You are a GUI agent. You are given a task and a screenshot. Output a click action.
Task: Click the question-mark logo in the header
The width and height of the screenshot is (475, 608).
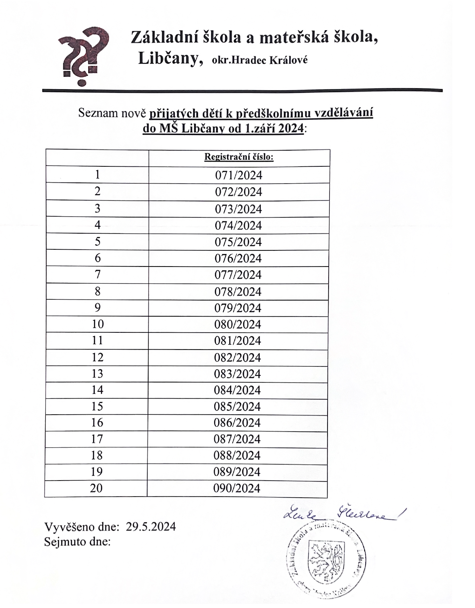click(83, 55)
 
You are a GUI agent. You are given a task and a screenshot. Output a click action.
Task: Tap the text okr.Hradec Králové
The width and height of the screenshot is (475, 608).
click(260, 60)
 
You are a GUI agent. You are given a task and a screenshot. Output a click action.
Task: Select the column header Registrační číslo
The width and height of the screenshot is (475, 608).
click(239, 157)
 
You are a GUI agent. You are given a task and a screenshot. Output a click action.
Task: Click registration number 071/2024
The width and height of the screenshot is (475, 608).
click(239, 175)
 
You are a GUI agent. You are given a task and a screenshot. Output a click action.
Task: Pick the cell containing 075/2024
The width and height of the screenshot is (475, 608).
click(238, 242)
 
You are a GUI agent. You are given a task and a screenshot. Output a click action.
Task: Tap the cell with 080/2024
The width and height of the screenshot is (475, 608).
click(238, 324)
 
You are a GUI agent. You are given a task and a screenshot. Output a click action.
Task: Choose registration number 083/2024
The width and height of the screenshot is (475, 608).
click(238, 374)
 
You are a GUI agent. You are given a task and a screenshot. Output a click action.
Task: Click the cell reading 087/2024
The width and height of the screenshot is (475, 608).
click(237, 439)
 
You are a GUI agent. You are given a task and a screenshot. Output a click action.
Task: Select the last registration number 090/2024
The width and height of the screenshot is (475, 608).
click(237, 488)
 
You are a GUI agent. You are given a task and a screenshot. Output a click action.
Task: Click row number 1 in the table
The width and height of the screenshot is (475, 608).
click(97, 174)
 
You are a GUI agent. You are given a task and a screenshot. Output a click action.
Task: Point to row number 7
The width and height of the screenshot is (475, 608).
click(97, 275)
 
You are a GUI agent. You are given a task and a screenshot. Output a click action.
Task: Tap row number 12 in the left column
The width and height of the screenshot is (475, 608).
click(97, 357)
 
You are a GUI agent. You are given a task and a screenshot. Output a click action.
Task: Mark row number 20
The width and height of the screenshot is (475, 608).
click(96, 488)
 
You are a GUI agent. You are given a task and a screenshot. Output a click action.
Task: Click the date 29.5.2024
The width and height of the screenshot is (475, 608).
click(151, 526)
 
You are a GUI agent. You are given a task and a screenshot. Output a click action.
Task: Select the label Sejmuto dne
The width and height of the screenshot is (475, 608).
click(77, 542)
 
